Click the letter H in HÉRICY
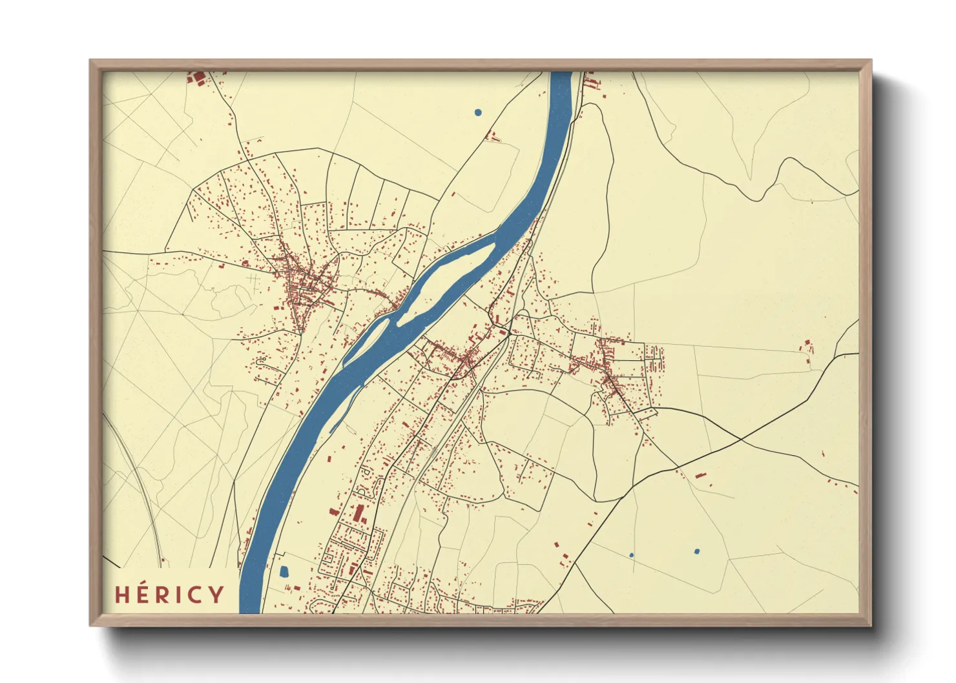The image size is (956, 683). (x=122, y=595)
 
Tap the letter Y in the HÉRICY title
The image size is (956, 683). (x=216, y=595)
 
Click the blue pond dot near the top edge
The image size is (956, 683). (x=478, y=112)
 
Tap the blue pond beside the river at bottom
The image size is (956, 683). (x=283, y=571)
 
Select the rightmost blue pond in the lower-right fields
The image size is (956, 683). (x=696, y=551)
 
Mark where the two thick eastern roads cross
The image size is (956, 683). (x=740, y=440)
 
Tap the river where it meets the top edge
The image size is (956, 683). (x=561, y=75)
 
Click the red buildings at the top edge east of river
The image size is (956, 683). (x=590, y=82)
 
